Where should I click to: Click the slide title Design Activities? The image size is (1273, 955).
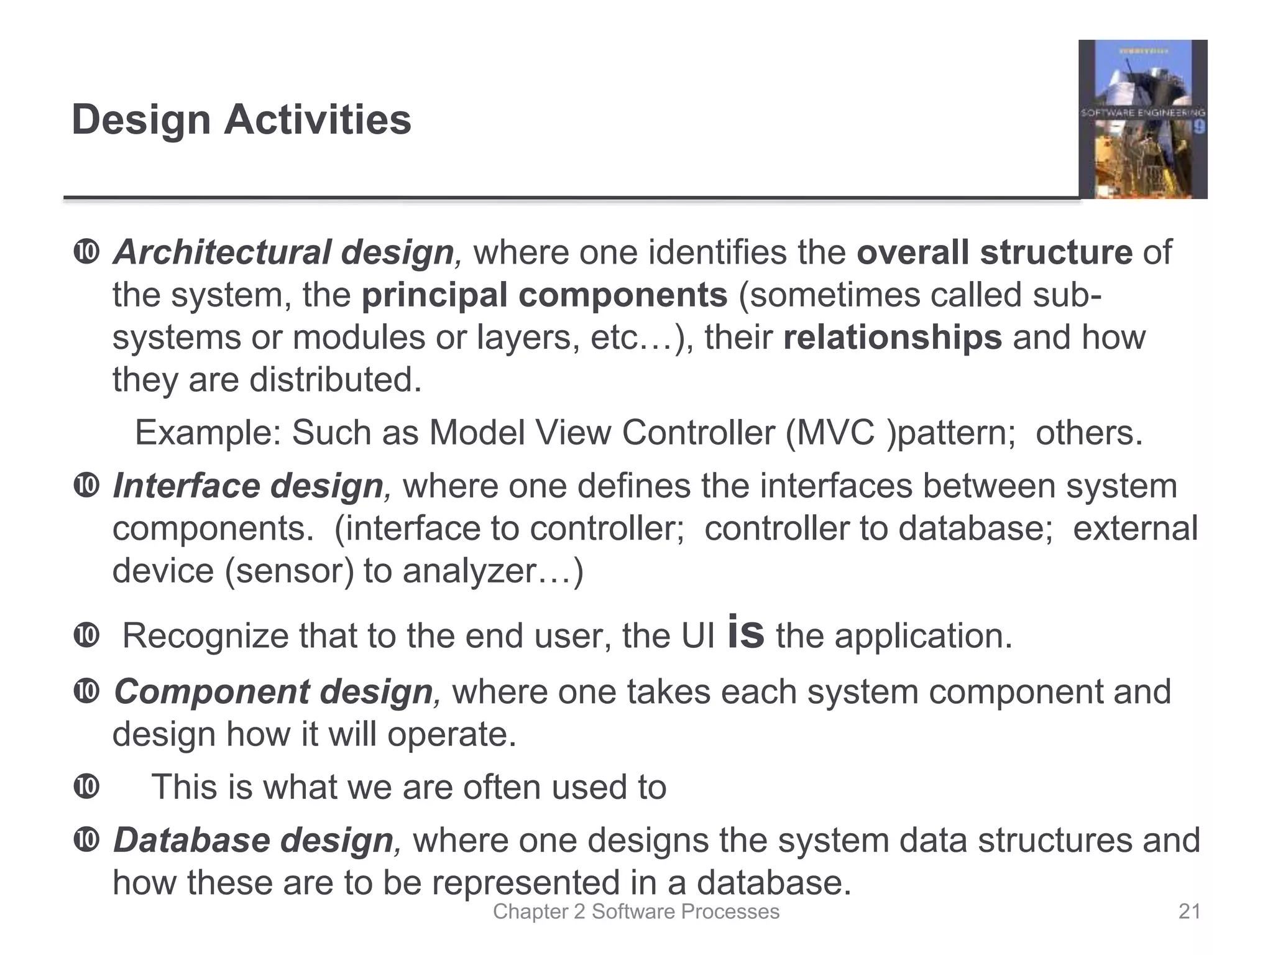click(x=241, y=119)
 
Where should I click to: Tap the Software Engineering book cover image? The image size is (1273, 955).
click(x=1142, y=119)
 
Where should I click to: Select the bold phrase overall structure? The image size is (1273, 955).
click(x=994, y=252)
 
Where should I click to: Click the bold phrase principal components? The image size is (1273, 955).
click(x=545, y=295)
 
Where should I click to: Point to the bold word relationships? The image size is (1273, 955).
click(x=892, y=338)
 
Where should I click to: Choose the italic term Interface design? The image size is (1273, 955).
click(x=248, y=486)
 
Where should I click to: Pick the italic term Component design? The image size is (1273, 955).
click(x=273, y=692)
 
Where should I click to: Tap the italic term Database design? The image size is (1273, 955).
click(x=253, y=841)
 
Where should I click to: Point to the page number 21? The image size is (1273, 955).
click(x=1189, y=911)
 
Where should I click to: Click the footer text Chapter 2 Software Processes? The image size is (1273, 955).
click(x=636, y=911)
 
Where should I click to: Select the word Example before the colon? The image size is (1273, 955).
click(x=203, y=433)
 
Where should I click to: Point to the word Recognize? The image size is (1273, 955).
click(x=205, y=637)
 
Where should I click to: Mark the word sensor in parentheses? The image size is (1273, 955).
click(x=288, y=571)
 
